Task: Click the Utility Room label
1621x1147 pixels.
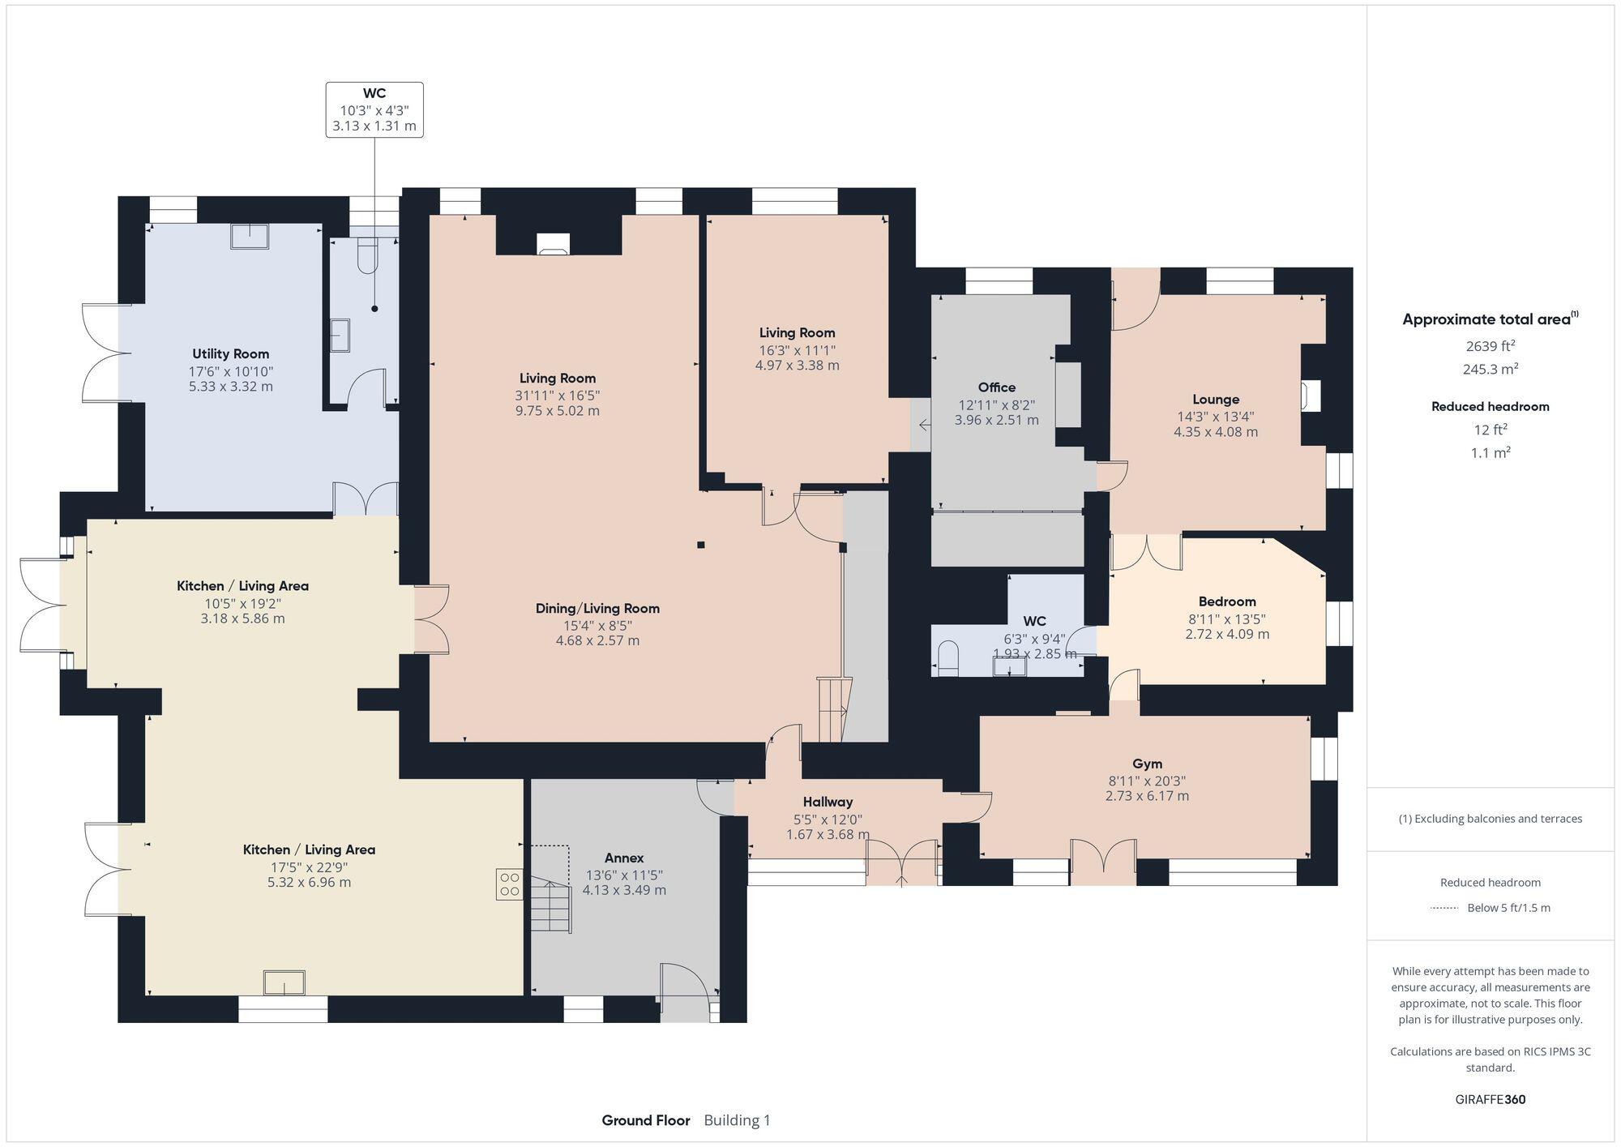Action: pyautogui.click(x=230, y=353)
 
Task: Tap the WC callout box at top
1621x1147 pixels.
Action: pyautogui.click(x=374, y=109)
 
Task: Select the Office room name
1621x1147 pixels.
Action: pyautogui.click(x=996, y=387)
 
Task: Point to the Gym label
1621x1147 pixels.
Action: pyautogui.click(x=1147, y=764)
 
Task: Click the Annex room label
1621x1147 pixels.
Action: pyautogui.click(x=624, y=858)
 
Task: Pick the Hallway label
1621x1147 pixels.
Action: pyautogui.click(x=828, y=802)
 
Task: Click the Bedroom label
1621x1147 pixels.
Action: pyautogui.click(x=1226, y=601)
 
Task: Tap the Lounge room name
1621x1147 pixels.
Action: pyautogui.click(x=1215, y=400)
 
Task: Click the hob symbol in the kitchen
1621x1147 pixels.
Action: pyautogui.click(x=509, y=884)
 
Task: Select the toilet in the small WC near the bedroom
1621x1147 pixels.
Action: pyautogui.click(x=947, y=657)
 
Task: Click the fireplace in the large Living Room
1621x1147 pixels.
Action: pyautogui.click(x=554, y=244)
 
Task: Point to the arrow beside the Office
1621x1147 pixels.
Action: pyautogui.click(x=924, y=425)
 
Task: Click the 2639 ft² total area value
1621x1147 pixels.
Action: pyautogui.click(x=1490, y=346)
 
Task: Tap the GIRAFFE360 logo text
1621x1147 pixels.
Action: pyautogui.click(x=1490, y=1100)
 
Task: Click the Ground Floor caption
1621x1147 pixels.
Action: pyautogui.click(x=645, y=1120)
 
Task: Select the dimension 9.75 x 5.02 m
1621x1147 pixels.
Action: pyautogui.click(x=558, y=411)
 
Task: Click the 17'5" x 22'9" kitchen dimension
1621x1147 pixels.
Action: pyautogui.click(x=309, y=867)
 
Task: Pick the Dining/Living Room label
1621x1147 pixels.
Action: pyautogui.click(x=597, y=609)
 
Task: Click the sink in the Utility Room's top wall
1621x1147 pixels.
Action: pyautogui.click(x=250, y=236)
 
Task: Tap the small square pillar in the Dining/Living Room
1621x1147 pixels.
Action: pyautogui.click(x=701, y=545)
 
